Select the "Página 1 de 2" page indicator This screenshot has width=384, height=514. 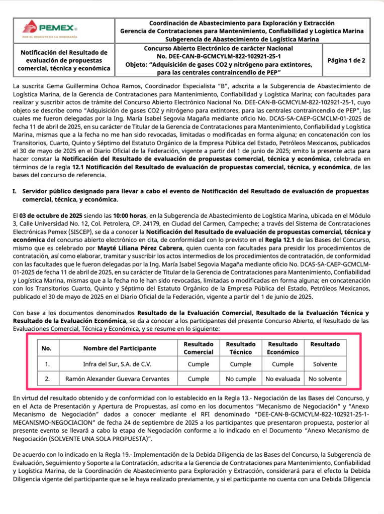click(346, 60)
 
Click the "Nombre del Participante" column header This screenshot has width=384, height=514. click(120, 348)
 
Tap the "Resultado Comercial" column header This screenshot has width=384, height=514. click(199, 348)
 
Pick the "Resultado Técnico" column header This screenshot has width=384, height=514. click(241, 348)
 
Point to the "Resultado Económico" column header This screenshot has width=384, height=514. click(282, 348)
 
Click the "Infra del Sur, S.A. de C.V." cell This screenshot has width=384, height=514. click(120, 364)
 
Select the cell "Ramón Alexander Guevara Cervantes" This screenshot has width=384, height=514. click(120, 379)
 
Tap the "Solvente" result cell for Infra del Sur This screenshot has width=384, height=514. click(325, 364)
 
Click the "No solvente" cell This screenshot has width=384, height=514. click(325, 379)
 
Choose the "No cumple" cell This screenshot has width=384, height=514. click(241, 379)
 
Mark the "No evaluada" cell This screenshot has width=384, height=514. click(282, 379)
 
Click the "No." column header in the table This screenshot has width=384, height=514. click(46, 348)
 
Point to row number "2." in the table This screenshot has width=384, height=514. click(46, 379)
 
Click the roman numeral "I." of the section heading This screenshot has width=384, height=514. click(16, 192)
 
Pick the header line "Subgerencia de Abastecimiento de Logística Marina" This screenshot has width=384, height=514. click(242, 39)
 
